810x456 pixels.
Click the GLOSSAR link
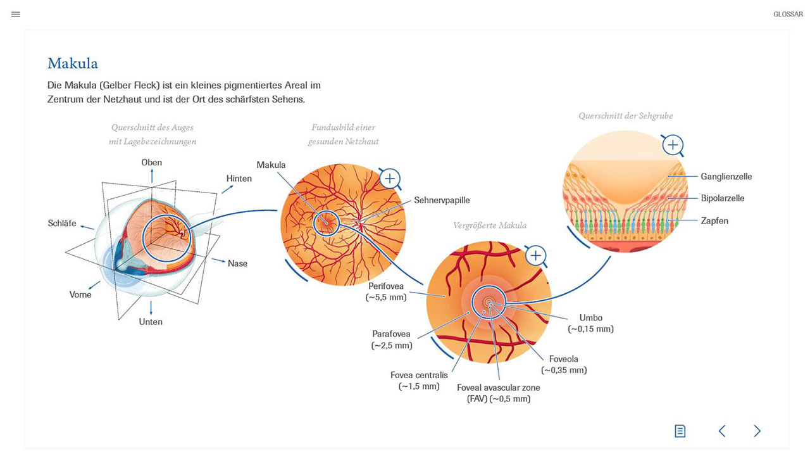[x=788, y=14]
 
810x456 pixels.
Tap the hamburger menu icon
[x=16, y=14]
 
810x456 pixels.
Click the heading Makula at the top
[x=73, y=63]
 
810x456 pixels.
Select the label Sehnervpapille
[x=442, y=200]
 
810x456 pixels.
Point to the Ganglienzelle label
[x=726, y=177]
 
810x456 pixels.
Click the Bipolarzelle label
[x=723, y=198]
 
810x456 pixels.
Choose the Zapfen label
[x=714, y=220]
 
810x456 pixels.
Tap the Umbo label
[x=590, y=318]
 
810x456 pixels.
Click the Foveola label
[x=563, y=359]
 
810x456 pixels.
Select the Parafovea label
[x=391, y=334]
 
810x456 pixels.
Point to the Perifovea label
[x=386, y=286]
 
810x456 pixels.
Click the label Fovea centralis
[x=419, y=375]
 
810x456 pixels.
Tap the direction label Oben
[x=151, y=163]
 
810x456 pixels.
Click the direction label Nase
[x=237, y=263]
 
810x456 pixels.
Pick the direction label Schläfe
[x=62, y=224]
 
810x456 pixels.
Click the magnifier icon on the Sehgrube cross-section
[x=673, y=146]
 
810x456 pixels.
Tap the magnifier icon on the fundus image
[x=390, y=179]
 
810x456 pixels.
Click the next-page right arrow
[x=757, y=431]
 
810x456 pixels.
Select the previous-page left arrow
[x=722, y=431]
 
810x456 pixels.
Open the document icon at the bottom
[x=680, y=431]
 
